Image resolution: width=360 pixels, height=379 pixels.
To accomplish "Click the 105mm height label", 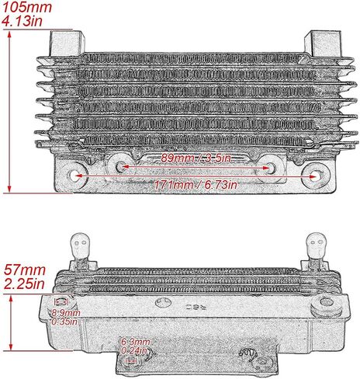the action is [x=27, y=7].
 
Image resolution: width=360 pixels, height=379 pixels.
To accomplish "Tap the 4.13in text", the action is [x=22, y=21].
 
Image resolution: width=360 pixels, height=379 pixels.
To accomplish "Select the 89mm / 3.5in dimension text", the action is [x=196, y=158].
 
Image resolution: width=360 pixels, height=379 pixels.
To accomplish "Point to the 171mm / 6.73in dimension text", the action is [x=196, y=185].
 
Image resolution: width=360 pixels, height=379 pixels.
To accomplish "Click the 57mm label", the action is [x=25, y=270].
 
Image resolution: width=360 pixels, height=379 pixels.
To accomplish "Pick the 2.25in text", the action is [x=24, y=284].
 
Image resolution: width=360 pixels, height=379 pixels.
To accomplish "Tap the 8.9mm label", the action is [x=66, y=313].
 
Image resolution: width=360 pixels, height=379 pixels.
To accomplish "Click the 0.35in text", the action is [x=64, y=322].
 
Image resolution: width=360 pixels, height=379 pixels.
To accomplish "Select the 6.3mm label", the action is [x=136, y=342].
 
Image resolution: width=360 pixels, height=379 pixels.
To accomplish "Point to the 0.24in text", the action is [x=134, y=351].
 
